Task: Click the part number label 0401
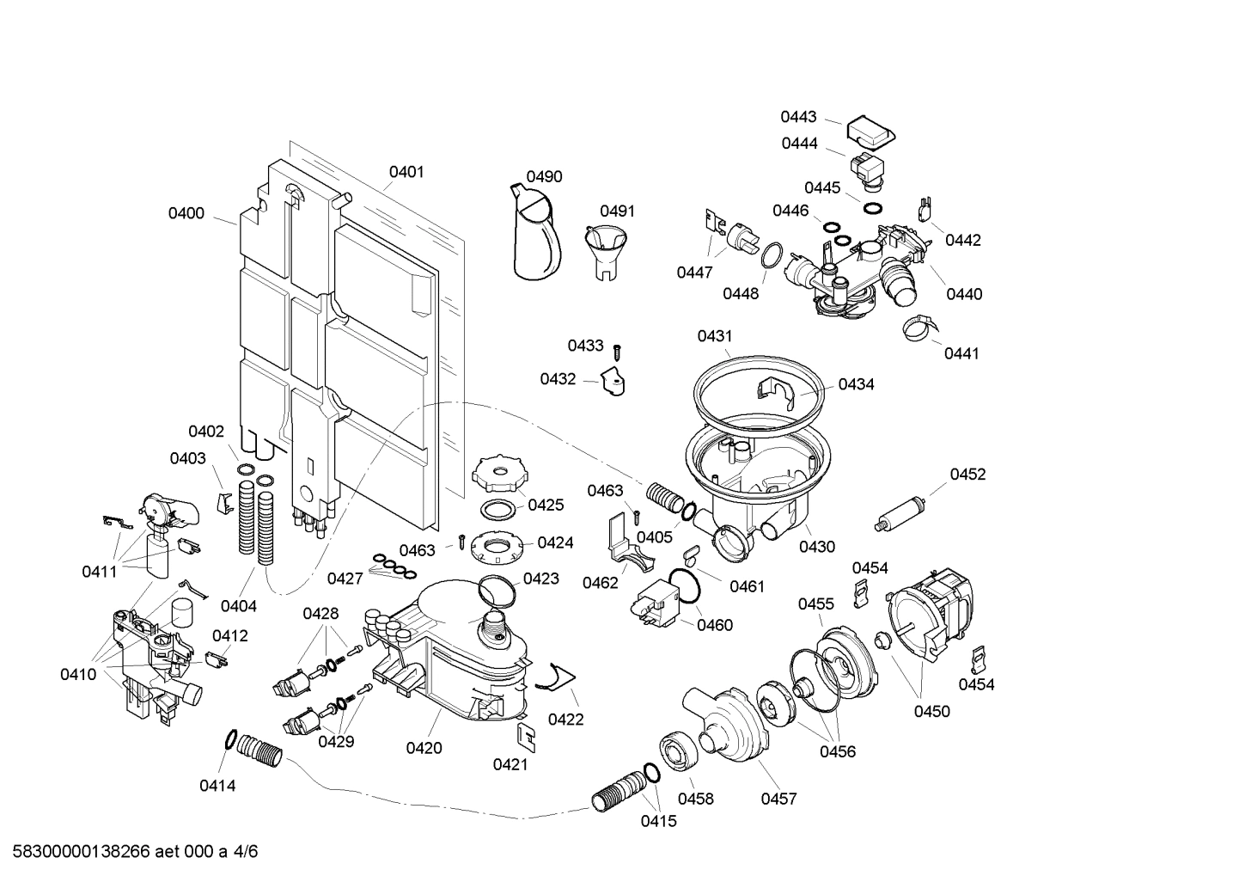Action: pos(406,172)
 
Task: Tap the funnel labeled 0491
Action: pos(607,249)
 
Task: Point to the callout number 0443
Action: pos(798,117)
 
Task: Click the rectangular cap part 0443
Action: pos(871,132)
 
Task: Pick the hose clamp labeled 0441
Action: pos(917,328)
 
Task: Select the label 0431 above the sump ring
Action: pos(715,336)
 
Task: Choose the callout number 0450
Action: pos(931,711)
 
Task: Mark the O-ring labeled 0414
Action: pos(230,738)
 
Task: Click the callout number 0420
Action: pos(424,748)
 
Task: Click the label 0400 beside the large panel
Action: pos(186,213)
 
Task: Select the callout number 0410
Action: pos(78,674)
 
